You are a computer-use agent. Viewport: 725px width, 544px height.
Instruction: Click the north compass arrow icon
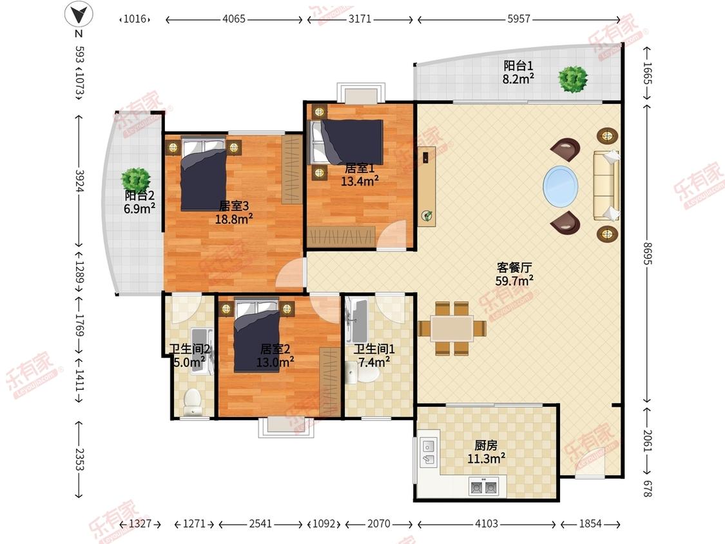click(79, 14)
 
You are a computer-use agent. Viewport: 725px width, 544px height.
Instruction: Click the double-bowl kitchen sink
click(483, 487)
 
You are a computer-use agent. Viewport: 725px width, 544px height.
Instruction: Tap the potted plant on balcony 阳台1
click(572, 79)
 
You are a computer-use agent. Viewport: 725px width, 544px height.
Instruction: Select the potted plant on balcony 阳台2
click(136, 179)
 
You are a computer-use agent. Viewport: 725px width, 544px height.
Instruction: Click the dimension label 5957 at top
click(518, 19)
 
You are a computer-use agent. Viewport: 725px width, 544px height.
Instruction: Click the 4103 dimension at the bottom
click(486, 524)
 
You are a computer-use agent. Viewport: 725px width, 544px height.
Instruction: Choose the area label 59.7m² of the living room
click(514, 280)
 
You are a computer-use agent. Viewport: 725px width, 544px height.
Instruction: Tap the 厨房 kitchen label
click(486, 445)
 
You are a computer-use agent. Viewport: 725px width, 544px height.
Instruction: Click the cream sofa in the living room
click(606, 186)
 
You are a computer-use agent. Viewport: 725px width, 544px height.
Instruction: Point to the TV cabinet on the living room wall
click(426, 186)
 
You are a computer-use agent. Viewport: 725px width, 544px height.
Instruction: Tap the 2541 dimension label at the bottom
click(262, 524)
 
